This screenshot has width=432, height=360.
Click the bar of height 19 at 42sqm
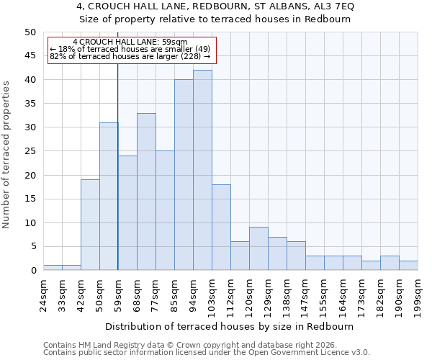point(90,225)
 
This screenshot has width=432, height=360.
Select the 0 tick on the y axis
point(32,271)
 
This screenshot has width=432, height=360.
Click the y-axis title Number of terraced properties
point(7,155)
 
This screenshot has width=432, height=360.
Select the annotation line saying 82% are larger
point(130,56)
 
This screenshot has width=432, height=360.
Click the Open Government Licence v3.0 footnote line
point(207,353)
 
